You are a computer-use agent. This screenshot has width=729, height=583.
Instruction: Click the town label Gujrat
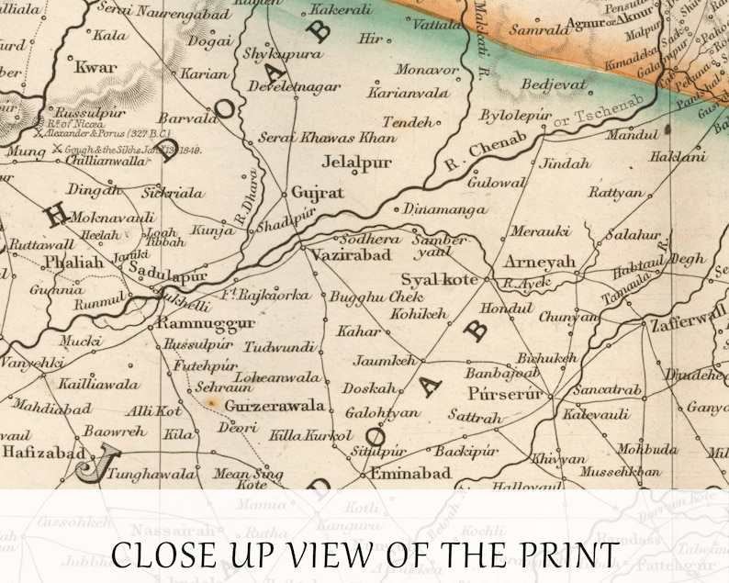click(318, 193)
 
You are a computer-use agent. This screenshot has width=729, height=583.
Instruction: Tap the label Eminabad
click(410, 474)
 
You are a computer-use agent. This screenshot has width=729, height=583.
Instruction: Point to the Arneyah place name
click(539, 263)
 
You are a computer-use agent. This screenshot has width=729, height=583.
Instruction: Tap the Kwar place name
click(95, 67)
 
